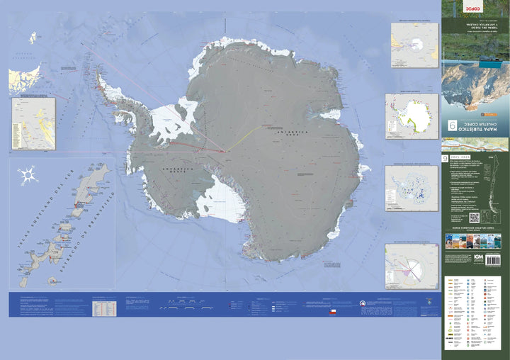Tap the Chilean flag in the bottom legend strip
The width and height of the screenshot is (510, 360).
coord(338,310)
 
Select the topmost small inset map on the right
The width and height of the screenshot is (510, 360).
coord(414,45)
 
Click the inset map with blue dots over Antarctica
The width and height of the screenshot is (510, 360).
coord(412,188)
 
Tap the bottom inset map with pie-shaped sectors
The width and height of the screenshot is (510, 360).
coord(412,267)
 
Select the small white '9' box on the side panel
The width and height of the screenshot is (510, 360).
coord(445,161)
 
